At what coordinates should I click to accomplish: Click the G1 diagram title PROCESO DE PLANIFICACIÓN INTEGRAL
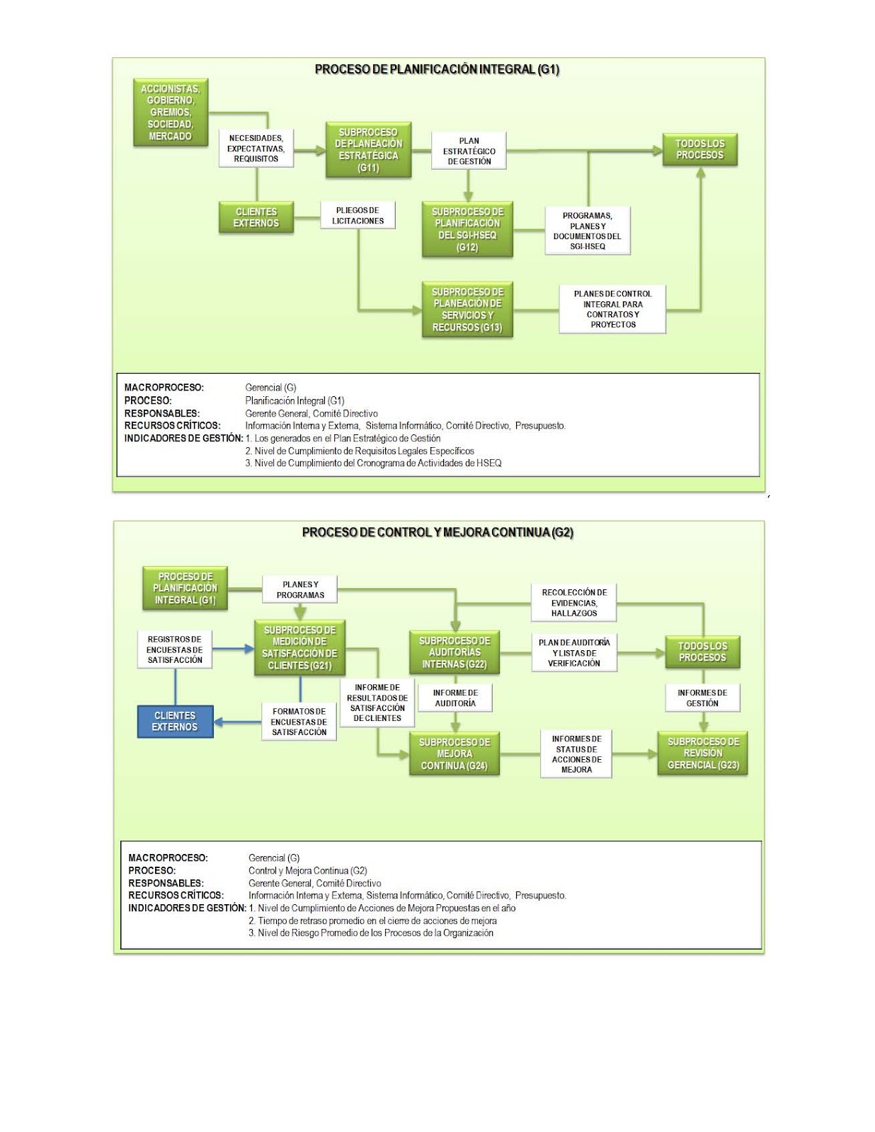point(437,69)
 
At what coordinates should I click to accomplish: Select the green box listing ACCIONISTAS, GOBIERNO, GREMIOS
point(171,112)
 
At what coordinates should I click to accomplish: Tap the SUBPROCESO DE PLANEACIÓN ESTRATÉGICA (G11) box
point(368,150)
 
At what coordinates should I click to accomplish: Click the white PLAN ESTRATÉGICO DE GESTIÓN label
point(469,151)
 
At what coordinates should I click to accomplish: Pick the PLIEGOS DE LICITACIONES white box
point(358,216)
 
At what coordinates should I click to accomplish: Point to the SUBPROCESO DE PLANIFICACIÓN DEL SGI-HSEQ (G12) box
point(467,229)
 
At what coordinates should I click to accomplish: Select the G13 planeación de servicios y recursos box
point(467,310)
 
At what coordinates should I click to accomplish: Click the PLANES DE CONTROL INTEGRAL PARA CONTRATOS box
point(613,309)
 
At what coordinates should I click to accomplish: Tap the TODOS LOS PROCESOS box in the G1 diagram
point(700,149)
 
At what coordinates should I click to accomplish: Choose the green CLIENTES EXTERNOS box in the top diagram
point(256,218)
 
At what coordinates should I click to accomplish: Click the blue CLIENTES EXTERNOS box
point(175,722)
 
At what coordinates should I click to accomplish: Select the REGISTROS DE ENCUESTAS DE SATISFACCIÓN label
point(175,649)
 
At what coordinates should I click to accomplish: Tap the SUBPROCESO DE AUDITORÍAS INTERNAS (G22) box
point(455,652)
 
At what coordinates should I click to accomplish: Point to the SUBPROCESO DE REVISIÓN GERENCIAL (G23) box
point(703,753)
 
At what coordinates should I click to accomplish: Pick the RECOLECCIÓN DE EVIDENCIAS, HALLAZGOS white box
point(574,603)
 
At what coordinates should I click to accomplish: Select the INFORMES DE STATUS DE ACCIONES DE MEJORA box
point(576,754)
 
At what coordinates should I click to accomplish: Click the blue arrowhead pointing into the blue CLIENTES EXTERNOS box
point(219,722)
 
